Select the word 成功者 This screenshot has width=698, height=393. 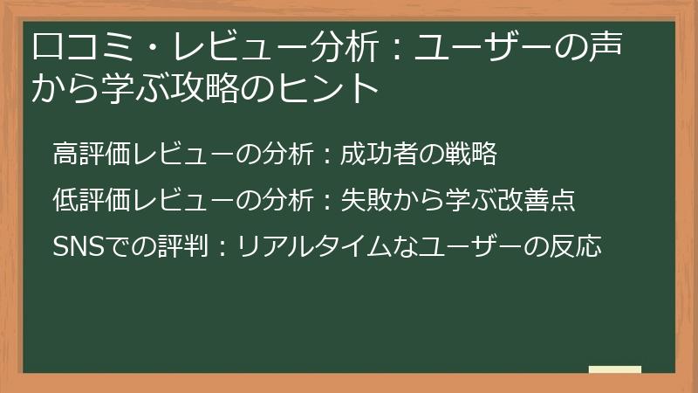[x=374, y=155]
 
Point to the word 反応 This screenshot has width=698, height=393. [x=580, y=246]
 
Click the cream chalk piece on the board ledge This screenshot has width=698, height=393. [x=614, y=370]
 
